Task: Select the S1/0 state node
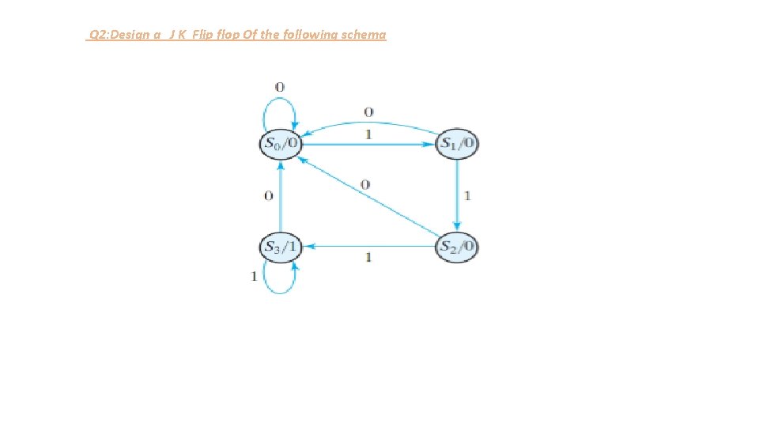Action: coord(458,144)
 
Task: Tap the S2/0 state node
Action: coord(458,247)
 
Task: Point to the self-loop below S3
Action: coord(279,282)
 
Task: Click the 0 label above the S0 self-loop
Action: coord(279,86)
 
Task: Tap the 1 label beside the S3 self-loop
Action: coord(254,276)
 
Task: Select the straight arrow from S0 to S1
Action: coord(368,145)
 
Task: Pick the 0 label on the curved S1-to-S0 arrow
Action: coord(368,111)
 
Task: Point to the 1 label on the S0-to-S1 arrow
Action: coord(368,135)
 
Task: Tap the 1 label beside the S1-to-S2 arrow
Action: coord(468,195)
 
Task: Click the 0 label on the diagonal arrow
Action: coord(364,184)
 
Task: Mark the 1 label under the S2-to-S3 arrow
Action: coord(368,258)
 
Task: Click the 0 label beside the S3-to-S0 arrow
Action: coord(268,195)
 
